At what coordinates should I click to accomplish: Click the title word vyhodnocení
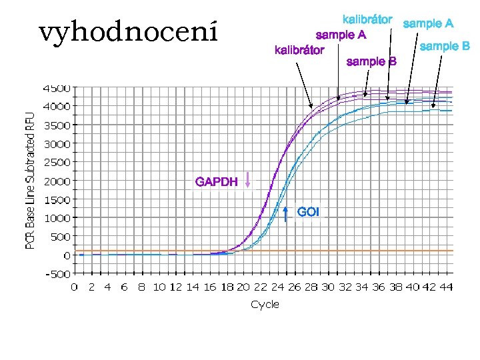[x=128, y=31]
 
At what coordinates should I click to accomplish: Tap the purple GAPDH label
[x=216, y=181]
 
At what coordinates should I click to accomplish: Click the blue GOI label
[x=308, y=212]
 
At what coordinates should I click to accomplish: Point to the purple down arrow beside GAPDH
[x=248, y=180]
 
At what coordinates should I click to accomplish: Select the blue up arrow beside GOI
[x=285, y=213]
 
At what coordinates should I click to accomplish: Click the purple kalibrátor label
[x=299, y=50]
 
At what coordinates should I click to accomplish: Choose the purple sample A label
[x=341, y=34]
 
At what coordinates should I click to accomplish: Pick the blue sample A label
[x=429, y=23]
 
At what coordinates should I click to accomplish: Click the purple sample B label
[x=372, y=62]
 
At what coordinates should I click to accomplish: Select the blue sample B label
[x=445, y=46]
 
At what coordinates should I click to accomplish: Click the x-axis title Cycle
[x=265, y=304]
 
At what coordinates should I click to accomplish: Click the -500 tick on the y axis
[x=59, y=273]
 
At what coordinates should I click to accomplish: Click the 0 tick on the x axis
[x=74, y=287]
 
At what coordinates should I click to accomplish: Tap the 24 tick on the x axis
[x=277, y=287]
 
